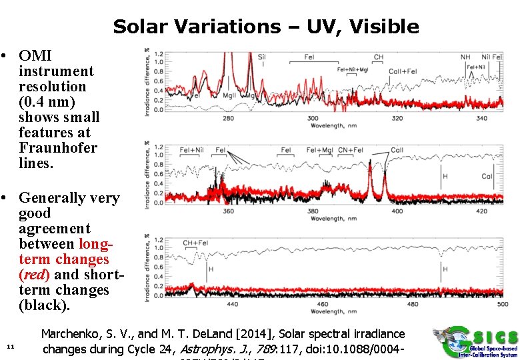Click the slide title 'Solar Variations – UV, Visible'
point(266,27)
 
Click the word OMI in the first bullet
point(35,56)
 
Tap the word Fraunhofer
point(58,148)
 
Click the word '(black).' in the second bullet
point(44,305)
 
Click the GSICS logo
point(473,343)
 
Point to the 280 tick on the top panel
point(228,119)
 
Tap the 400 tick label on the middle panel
point(397,212)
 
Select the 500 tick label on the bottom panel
point(503,305)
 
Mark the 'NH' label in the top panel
point(465,57)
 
